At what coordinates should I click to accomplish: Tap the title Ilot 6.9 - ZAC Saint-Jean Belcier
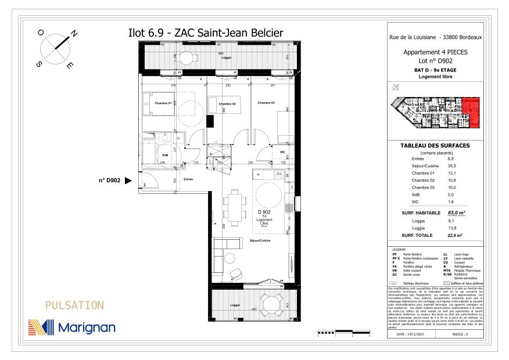(x=205, y=33)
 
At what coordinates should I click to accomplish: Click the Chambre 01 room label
(x=163, y=103)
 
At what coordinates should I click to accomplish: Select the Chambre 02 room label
(x=227, y=104)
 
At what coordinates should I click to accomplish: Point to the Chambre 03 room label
(x=266, y=102)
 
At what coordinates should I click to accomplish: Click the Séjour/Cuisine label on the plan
(x=260, y=240)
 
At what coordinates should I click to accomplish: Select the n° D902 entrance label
(x=109, y=181)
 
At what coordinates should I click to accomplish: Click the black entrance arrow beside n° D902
(x=129, y=181)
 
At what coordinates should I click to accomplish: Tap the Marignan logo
(x=71, y=327)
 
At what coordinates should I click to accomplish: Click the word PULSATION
(x=74, y=305)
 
